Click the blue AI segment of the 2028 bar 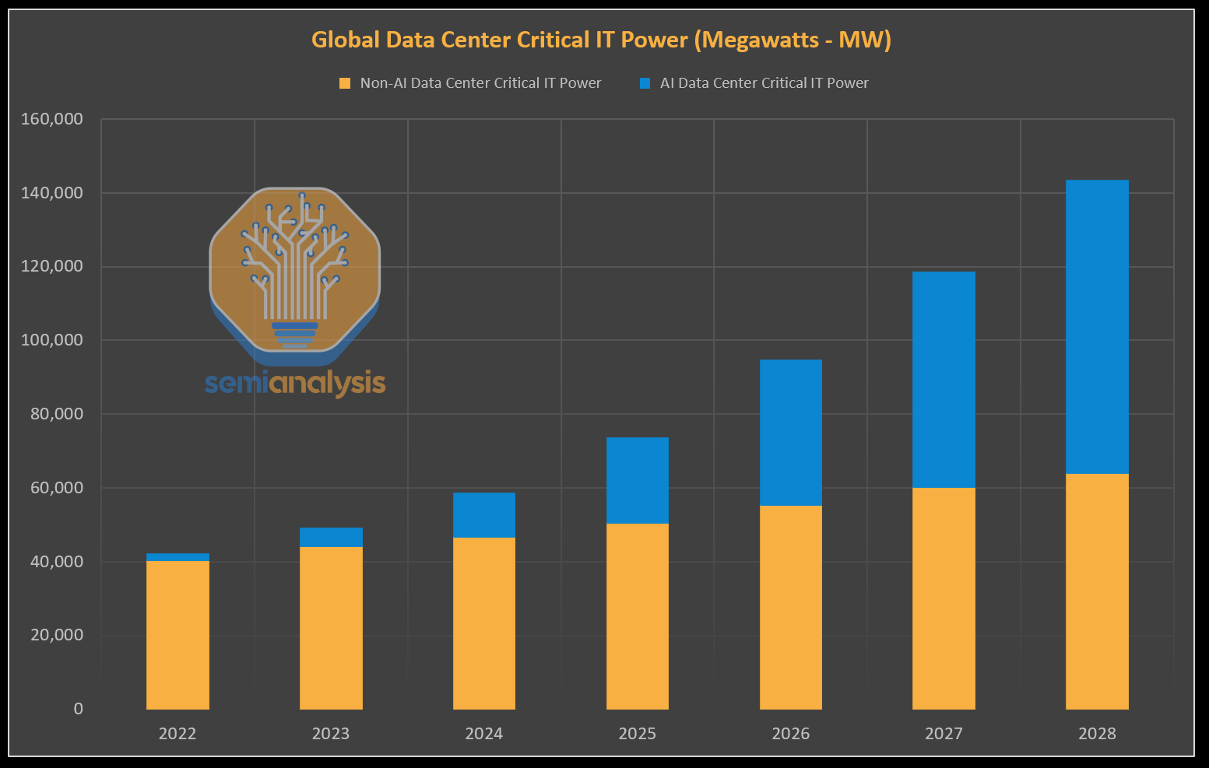click(1097, 327)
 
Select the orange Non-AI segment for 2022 click(177, 634)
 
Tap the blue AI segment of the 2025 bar click(637, 480)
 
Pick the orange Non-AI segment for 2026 click(790, 607)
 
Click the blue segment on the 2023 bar click(331, 538)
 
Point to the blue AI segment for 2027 click(944, 380)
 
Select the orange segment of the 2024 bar click(483, 622)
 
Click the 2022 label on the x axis click(177, 734)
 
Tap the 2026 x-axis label click(790, 734)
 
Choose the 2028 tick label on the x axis click(1097, 734)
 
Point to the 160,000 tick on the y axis click(52, 119)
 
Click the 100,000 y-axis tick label click(52, 340)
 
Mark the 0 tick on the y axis click(78, 709)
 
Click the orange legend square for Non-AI click(345, 83)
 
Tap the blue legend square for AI click(645, 83)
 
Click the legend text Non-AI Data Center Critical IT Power click(480, 83)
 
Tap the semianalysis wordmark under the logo click(295, 383)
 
